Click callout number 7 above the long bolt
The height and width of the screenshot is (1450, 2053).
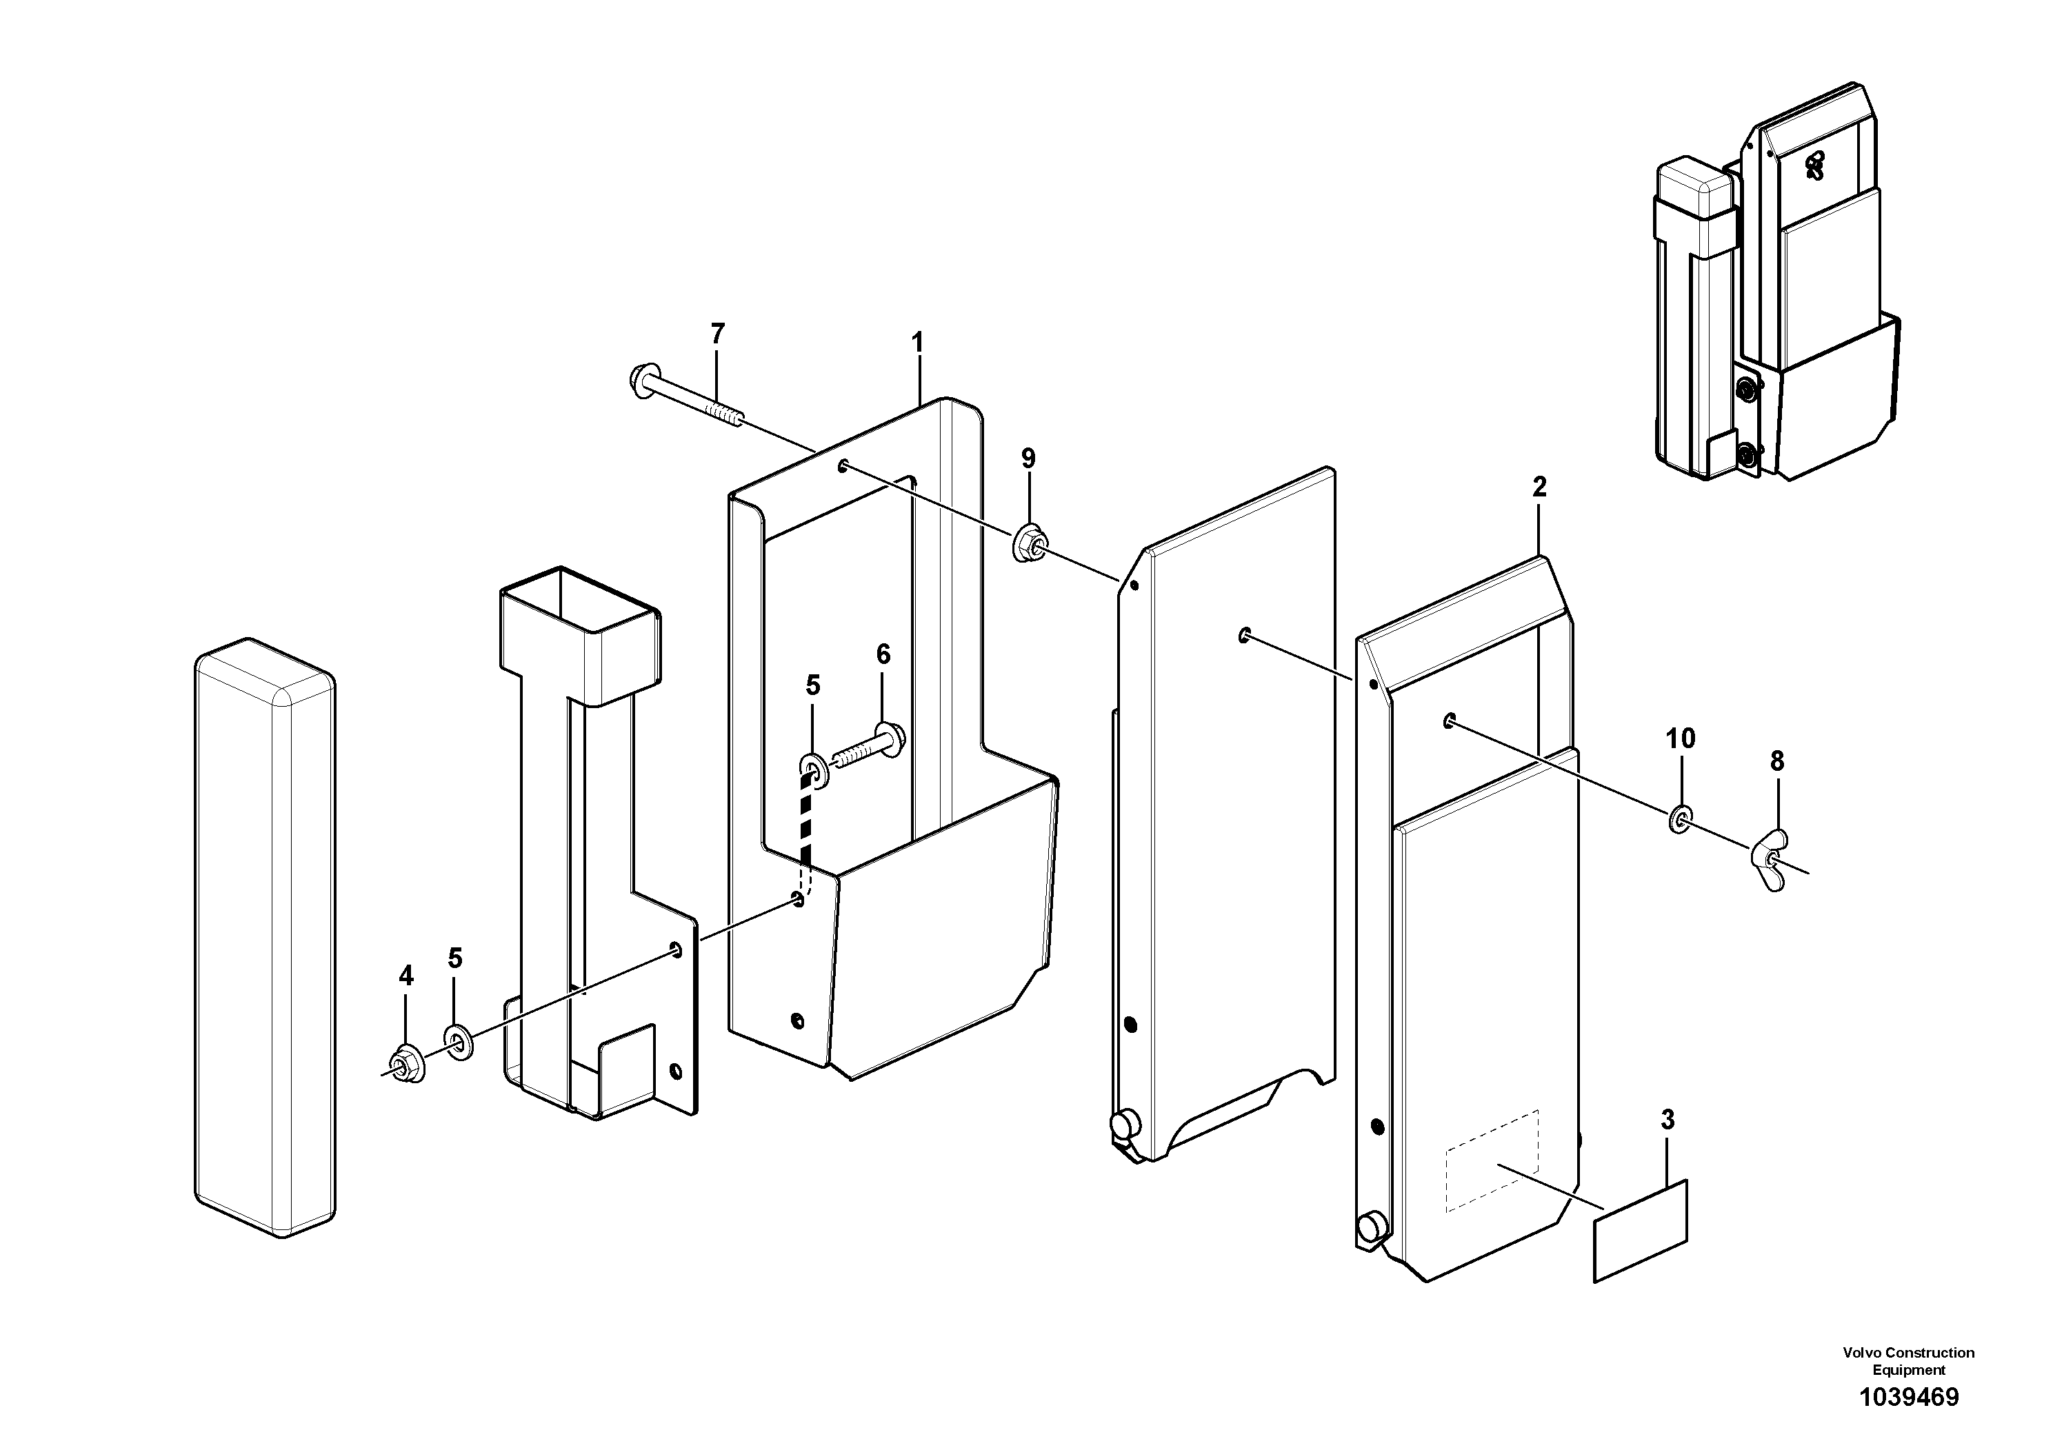click(717, 334)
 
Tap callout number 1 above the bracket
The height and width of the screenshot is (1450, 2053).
click(917, 343)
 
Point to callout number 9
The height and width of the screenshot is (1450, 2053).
click(1028, 459)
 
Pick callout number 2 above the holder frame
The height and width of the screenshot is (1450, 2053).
click(1539, 487)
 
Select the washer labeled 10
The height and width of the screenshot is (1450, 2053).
click(1680, 817)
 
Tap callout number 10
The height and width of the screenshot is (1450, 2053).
click(1680, 738)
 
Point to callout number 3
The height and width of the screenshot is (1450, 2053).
click(1668, 1119)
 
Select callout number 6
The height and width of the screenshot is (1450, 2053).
click(883, 654)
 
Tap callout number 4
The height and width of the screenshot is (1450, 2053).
click(406, 976)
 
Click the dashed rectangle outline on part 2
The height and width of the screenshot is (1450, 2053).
click(1492, 1161)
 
